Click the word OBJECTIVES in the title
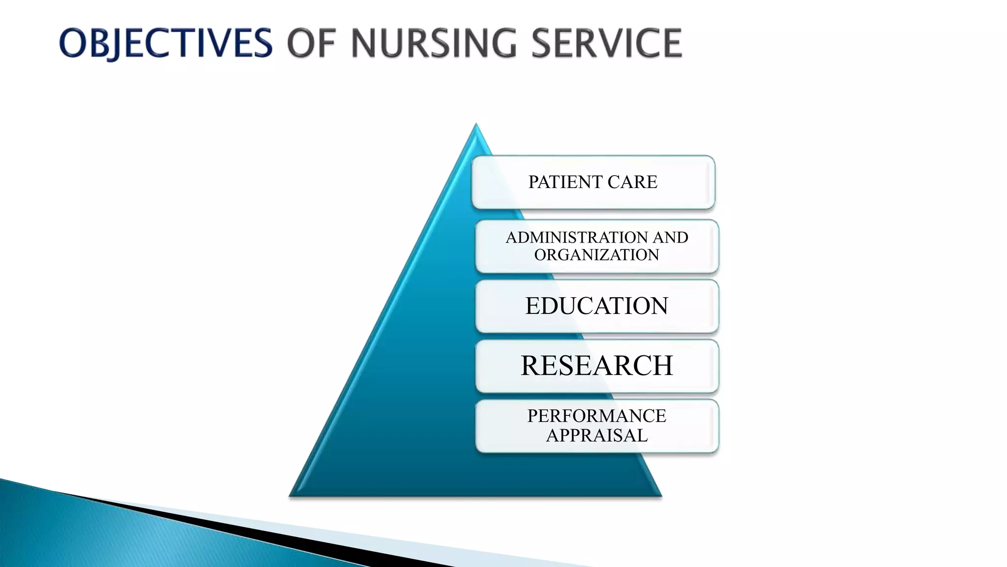coord(165,43)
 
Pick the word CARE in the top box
coord(632,182)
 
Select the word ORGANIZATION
coord(596,255)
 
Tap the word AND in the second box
coord(670,238)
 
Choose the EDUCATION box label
coord(596,306)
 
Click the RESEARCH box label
coord(596,366)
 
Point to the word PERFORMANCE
coord(596,416)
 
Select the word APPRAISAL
coord(596,436)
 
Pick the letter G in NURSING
coord(503,43)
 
